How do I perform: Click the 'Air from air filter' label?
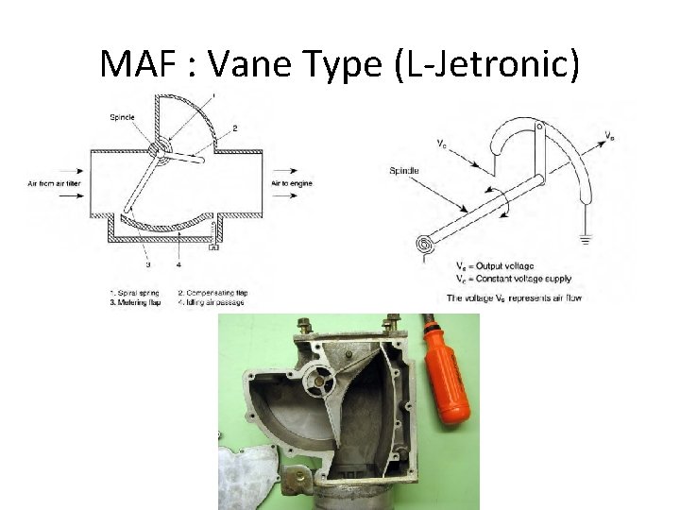[52, 182]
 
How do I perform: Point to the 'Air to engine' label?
[291, 182]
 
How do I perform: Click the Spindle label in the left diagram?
[123, 117]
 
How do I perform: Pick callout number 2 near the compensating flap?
[234, 127]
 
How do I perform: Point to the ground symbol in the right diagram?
[586, 239]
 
